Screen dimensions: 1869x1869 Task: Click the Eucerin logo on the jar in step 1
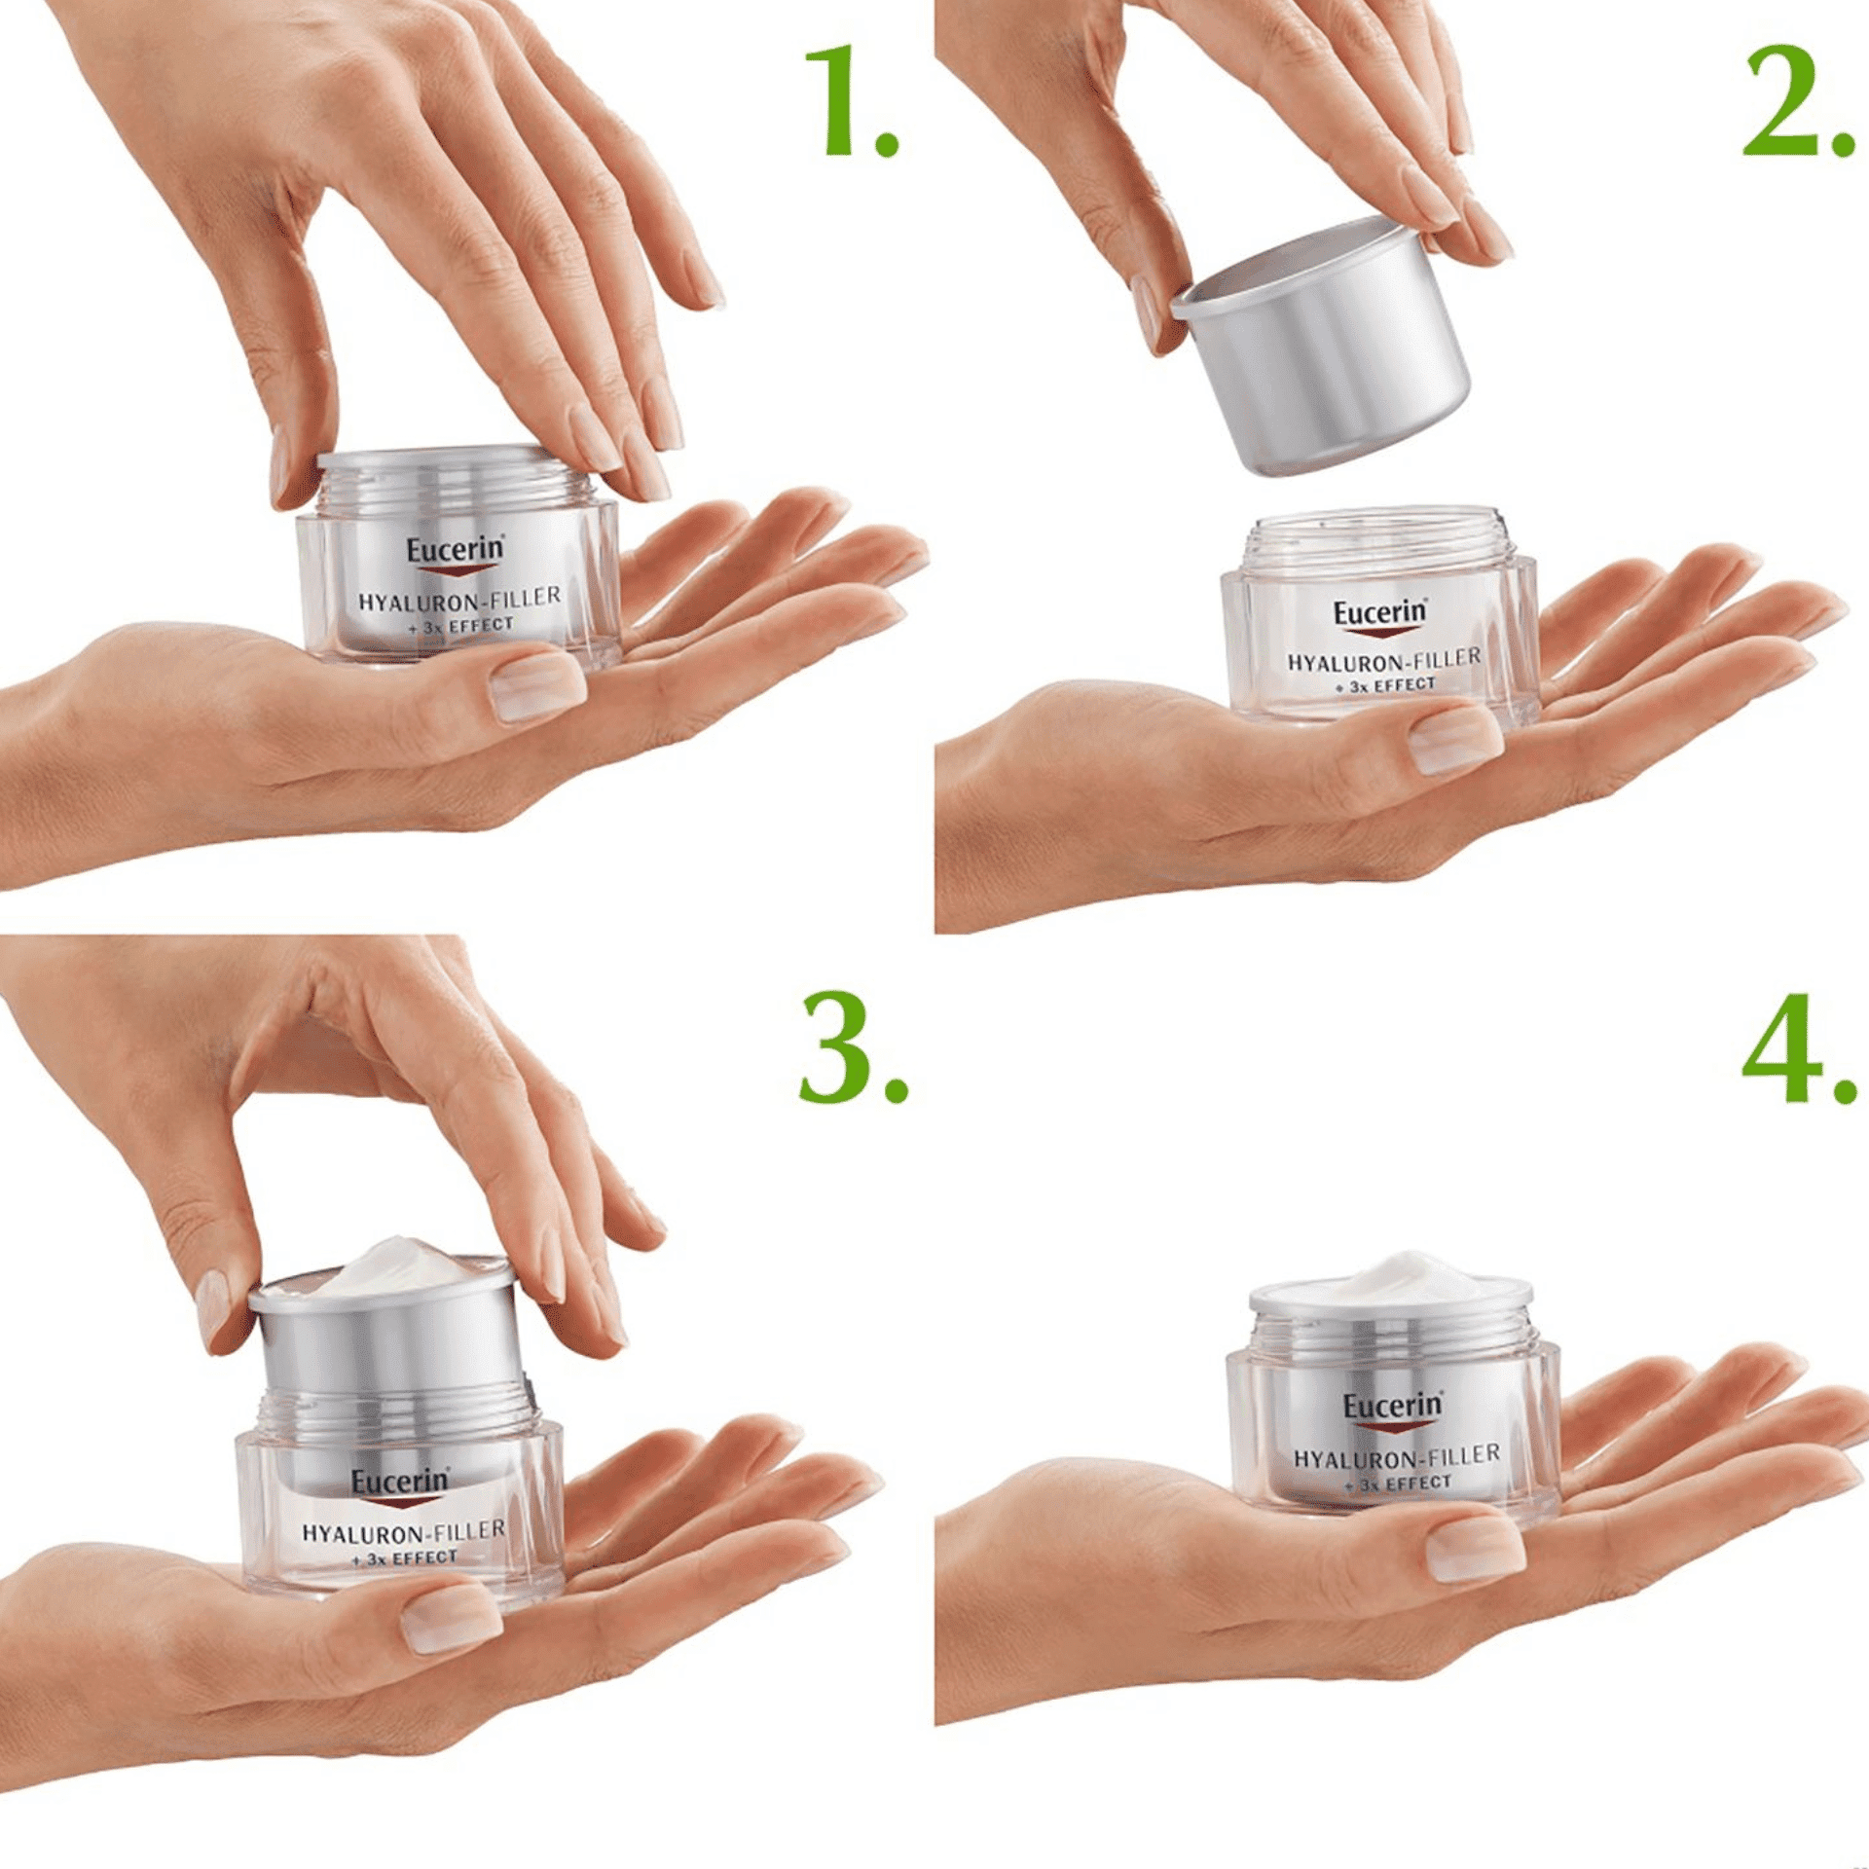pyautogui.click(x=456, y=551)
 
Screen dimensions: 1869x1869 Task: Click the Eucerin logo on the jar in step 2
pyautogui.click(x=1379, y=614)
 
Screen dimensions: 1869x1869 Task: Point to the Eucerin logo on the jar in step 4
pyautogui.click(x=1392, y=1408)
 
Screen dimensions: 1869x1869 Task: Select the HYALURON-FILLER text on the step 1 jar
pyautogui.click(x=459, y=599)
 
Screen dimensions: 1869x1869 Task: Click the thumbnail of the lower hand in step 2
pyautogui.click(x=1454, y=740)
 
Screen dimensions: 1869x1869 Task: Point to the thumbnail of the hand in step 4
pyautogui.click(x=1474, y=1547)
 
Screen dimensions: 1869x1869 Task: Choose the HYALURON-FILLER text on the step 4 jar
pyautogui.click(x=1396, y=1457)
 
